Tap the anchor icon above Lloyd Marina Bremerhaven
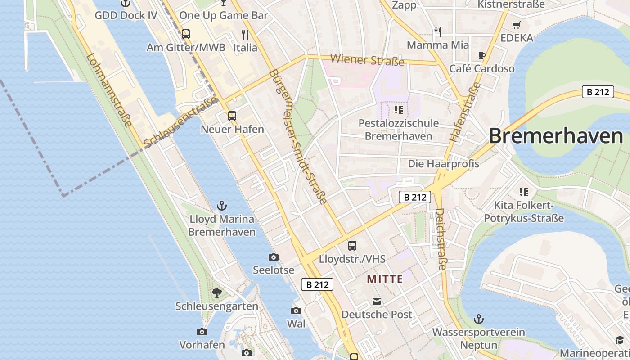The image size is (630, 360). click(221, 206)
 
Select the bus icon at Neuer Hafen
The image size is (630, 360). click(232, 116)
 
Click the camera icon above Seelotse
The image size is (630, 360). click(273, 257)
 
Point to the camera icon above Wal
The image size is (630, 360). click(296, 310)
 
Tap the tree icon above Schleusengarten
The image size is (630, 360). click(217, 293)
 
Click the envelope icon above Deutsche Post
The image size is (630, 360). click(376, 301)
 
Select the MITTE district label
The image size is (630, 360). click(385, 279)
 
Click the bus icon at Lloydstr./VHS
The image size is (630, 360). click(352, 246)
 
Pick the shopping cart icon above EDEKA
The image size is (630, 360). click(516, 25)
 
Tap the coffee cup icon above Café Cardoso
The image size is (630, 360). click(481, 56)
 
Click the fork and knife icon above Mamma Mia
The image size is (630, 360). click(437, 32)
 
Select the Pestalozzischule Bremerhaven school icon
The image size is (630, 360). click(398, 109)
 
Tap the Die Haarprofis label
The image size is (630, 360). click(443, 164)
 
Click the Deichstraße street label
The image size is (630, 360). click(441, 238)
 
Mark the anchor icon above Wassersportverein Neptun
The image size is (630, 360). click(479, 319)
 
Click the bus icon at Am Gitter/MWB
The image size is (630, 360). click(185, 34)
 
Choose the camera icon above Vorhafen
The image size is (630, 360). click(202, 332)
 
